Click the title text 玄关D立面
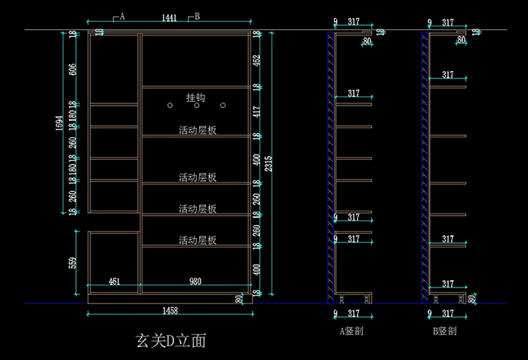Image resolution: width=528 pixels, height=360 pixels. click(x=170, y=340)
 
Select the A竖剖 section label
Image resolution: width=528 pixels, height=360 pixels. click(x=352, y=331)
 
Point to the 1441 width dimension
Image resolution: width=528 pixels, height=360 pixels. click(x=169, y=17)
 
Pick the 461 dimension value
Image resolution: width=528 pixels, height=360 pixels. click(x=114, y=282)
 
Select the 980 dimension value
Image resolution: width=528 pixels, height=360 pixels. click(x=195, y=282)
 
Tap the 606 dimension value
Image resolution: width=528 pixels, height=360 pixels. click(x=73, y=69)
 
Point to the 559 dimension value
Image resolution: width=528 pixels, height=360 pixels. click(x=73, y=262)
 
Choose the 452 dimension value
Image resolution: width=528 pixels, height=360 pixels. click(x=256, y=60)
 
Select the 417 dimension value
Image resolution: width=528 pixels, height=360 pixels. click(x=256, y=111)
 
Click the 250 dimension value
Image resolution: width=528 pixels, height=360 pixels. click(x=256, y=198)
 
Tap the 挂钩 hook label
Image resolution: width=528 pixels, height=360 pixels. click(x=195, y=97)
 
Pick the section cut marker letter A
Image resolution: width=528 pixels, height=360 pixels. click(x=122, y=16)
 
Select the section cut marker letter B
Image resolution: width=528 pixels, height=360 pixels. click(x=198, y=16)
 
